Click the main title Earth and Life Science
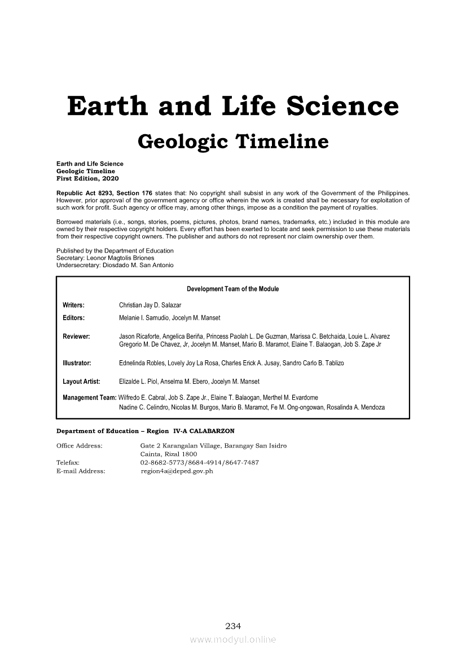point(232,106)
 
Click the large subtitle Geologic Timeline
point(232,141)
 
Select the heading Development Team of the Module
point(232,289)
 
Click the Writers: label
point(74,305)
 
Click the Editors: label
point(74,318)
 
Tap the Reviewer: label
point(77,337)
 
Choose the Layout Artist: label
point(82,382)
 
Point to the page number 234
point(233,626)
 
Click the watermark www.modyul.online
point(233,640)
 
